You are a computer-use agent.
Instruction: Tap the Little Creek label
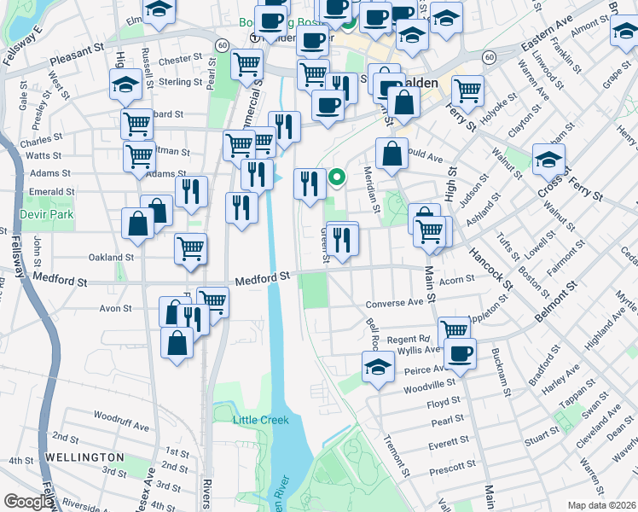click(x=262, y=420)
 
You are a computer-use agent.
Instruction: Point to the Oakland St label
click(x=112, y=257)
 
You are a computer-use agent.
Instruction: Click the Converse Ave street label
click(x=394, y=303)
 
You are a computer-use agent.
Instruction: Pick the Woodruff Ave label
click(x=122, y=416)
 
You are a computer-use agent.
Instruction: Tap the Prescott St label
click(x=454, y=466)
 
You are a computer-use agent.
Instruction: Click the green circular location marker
click(x=337, y=178)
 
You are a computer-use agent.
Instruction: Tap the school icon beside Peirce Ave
click(x=378, y=368)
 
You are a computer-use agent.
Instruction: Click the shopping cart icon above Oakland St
click(x=191, y=248)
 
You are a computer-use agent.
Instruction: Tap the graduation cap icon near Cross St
click(x=548, y=158)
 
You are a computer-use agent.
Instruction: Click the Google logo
click(x=28, y=502)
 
